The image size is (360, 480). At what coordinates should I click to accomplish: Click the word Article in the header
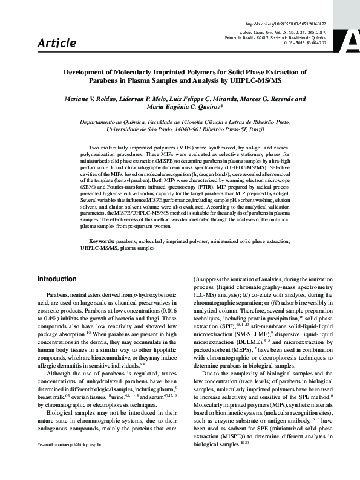click(x=57, y=42)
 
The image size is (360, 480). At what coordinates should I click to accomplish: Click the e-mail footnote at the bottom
click(x=70, y=461)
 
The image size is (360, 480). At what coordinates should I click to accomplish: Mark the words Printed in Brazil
click(x=238, y=36)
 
